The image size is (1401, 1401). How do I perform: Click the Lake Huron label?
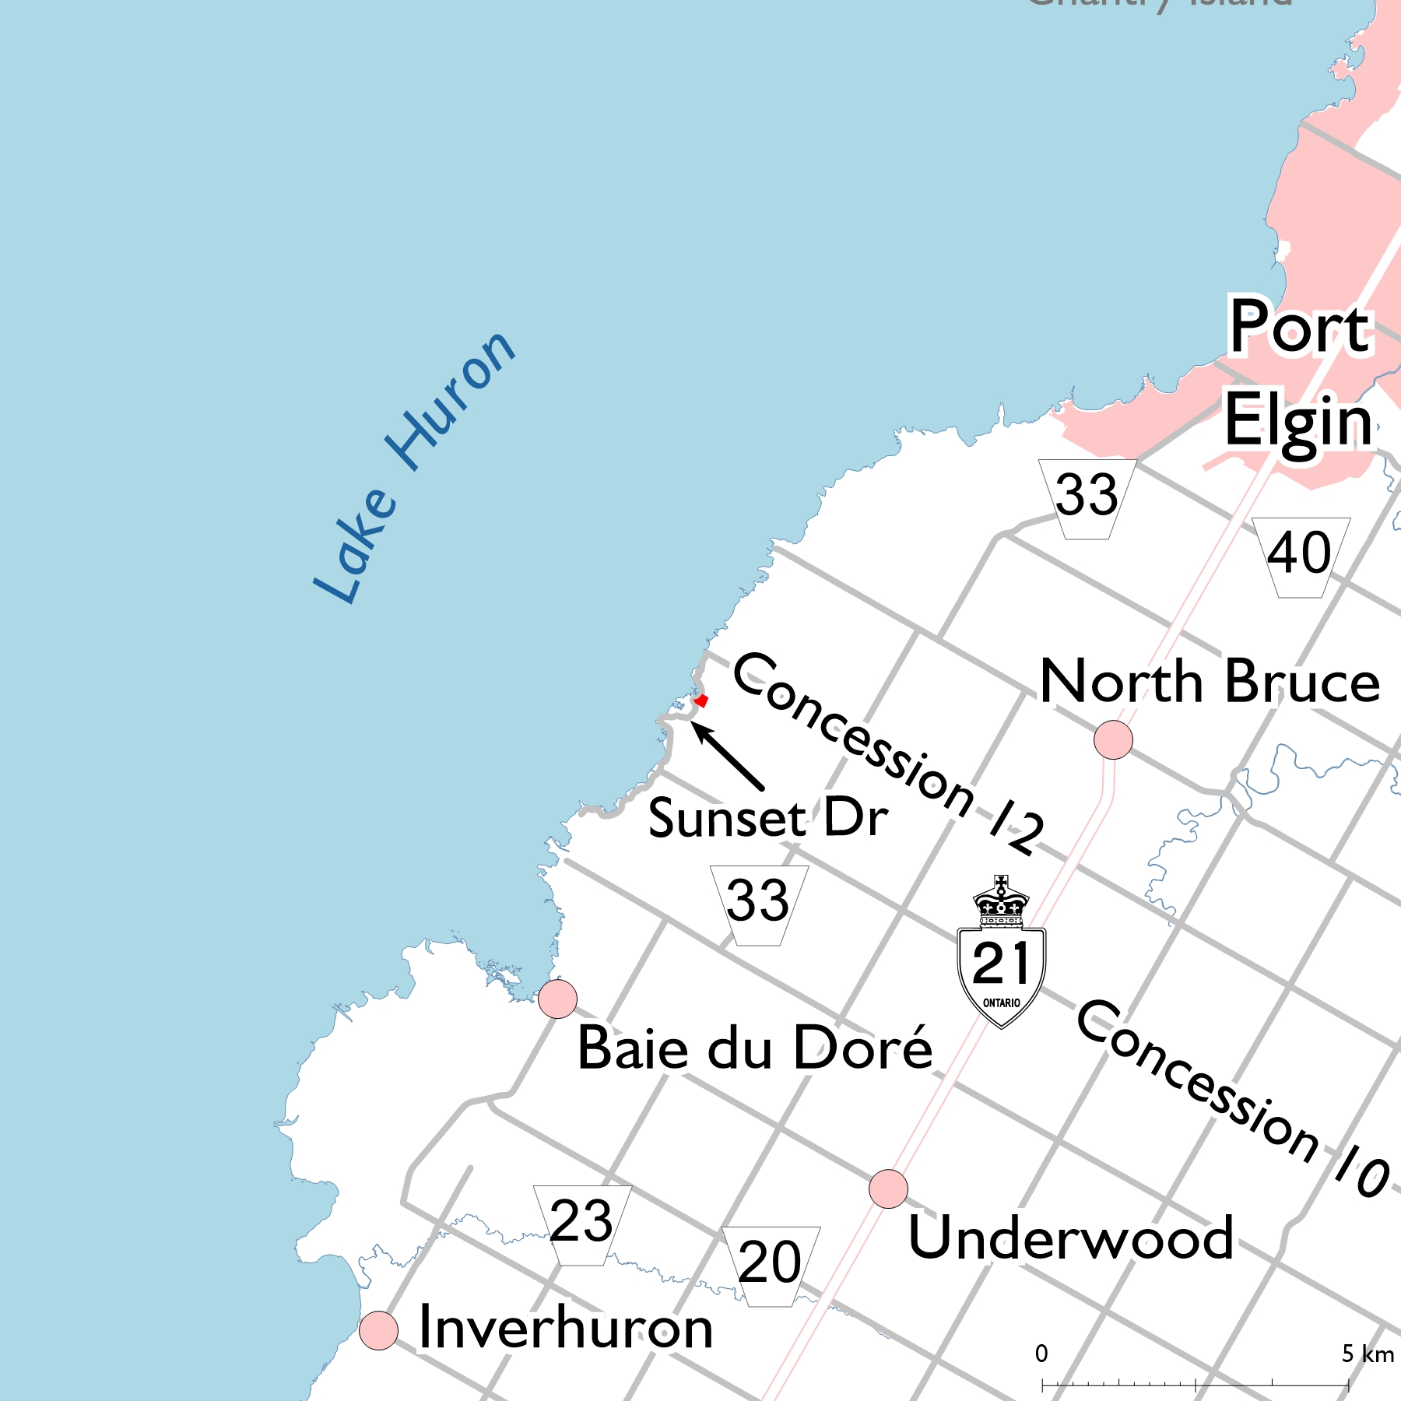tap(413, 467)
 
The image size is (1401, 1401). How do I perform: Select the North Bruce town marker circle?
tap(1113, 739)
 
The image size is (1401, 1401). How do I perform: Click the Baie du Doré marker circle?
tap(557, 999)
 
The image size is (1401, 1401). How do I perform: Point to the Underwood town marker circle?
tap(888, 1189)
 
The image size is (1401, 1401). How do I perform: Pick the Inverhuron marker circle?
tap(379, 1330)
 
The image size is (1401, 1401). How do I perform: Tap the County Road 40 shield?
tap(1301, 556)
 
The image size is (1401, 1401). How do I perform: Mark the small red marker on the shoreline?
tap(701, 700)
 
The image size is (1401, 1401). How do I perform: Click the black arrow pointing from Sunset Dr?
tap(728, 756)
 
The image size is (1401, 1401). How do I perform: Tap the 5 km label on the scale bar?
tap(1368, 1355)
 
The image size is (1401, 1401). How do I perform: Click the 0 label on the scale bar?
tap(1041, 1354)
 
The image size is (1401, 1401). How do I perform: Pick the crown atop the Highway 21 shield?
tap(1001, 901)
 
